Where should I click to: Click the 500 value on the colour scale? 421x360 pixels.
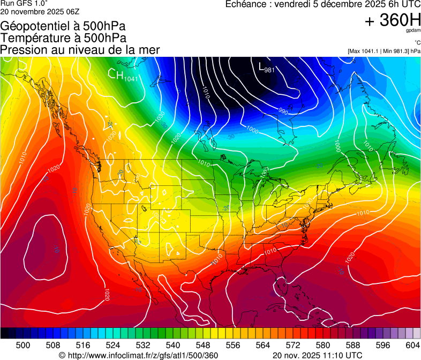click(23, 346)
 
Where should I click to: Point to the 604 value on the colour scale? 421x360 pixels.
click(413, 346)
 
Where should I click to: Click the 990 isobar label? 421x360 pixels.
click(282, 112)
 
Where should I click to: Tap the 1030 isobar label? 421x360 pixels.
click(159, 115)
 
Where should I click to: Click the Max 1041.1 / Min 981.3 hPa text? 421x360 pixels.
click(384, 51)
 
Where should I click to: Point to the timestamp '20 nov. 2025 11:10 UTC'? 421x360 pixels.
click(318, 355)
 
